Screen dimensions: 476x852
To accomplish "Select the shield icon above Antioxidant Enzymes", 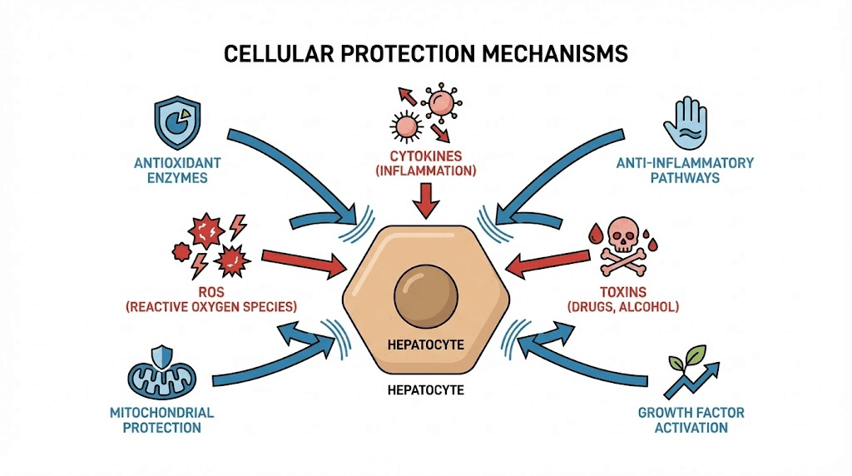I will click(x=177, y=122).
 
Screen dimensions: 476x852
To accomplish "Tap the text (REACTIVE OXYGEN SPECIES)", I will click(x=211, y=307).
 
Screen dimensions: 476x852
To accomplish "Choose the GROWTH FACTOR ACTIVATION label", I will click(x=691, y=420).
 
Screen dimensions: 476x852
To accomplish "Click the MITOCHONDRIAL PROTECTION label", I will click(x=161, y=420).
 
